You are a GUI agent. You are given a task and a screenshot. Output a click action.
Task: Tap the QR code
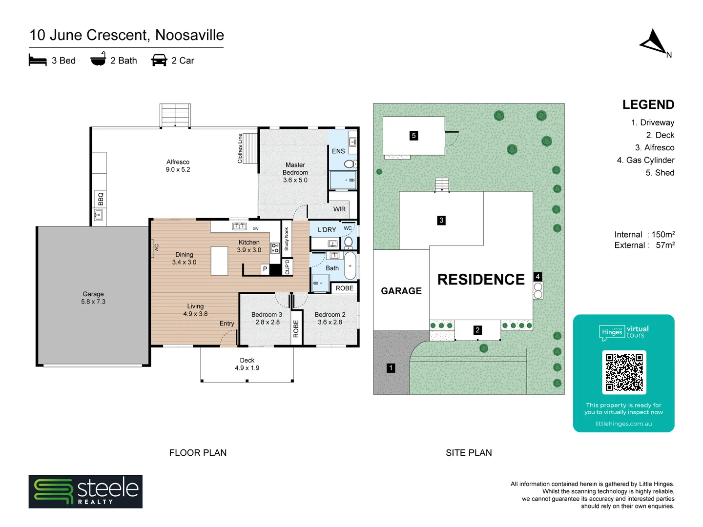point(624,372)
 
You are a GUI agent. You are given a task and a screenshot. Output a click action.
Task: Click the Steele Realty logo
point(85,491)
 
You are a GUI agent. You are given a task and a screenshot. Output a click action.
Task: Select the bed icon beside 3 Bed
point(38,61)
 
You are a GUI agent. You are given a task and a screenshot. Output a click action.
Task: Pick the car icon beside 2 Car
point(159,61)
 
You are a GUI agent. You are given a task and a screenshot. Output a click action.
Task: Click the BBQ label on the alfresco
point(101,199)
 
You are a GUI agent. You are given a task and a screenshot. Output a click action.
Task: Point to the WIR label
point(339,209)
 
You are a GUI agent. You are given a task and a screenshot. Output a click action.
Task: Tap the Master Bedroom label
point(295,172)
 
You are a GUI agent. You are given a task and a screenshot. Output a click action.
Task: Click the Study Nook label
point(287,239)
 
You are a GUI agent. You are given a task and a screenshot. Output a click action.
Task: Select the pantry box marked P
point(265,269)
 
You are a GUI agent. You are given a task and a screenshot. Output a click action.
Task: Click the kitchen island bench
point(219,261)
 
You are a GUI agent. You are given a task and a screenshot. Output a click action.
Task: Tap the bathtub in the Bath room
point(350,266)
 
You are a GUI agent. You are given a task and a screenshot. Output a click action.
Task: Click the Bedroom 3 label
point(267,318)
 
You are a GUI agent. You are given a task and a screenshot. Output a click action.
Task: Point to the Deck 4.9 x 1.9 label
point(247,364)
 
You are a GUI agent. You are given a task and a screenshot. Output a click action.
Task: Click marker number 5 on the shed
point(414,136)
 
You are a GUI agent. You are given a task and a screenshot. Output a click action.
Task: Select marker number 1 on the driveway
point(391,368)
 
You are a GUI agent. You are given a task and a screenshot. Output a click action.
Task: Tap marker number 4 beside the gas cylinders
point(538,277)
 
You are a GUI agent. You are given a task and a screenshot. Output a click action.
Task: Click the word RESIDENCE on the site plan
point(481,280)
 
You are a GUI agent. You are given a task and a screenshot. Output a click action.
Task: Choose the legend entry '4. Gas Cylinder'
point(645,160)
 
